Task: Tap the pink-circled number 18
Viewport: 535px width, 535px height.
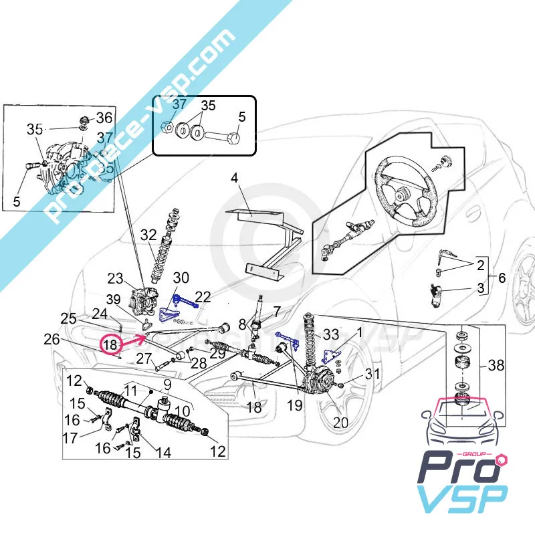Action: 111,345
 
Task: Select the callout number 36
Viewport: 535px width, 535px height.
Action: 104,118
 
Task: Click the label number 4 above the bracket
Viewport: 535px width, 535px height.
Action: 234,178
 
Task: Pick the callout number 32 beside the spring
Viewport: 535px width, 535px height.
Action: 148,235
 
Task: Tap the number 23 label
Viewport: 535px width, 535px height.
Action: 115,278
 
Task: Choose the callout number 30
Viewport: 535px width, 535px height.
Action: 181,278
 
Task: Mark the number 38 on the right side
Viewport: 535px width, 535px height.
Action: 496,365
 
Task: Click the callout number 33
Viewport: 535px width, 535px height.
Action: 331,334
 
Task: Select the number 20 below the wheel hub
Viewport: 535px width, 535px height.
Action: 340,422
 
